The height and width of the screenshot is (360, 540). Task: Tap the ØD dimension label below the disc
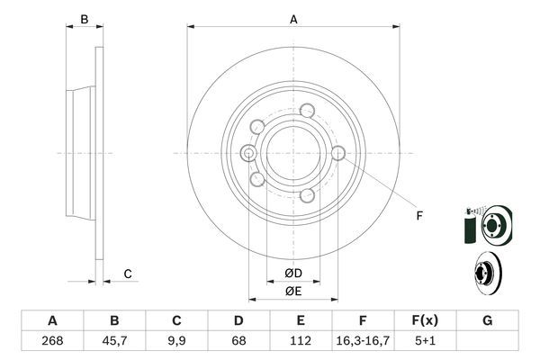coord(293,274)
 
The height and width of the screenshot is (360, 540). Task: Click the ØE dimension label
coord(293,291)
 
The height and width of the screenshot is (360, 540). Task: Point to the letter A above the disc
coord(293,19)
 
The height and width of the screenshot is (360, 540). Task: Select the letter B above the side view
coord(84,19)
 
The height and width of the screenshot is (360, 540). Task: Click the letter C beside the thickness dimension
coord(128,274)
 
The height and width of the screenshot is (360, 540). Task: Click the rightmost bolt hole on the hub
coord(337,154)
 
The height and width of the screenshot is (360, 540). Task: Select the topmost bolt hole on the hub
coord(308,112)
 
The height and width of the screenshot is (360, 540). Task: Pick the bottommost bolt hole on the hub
coord(308,194)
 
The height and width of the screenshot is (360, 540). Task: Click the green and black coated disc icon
coord(486,222)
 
